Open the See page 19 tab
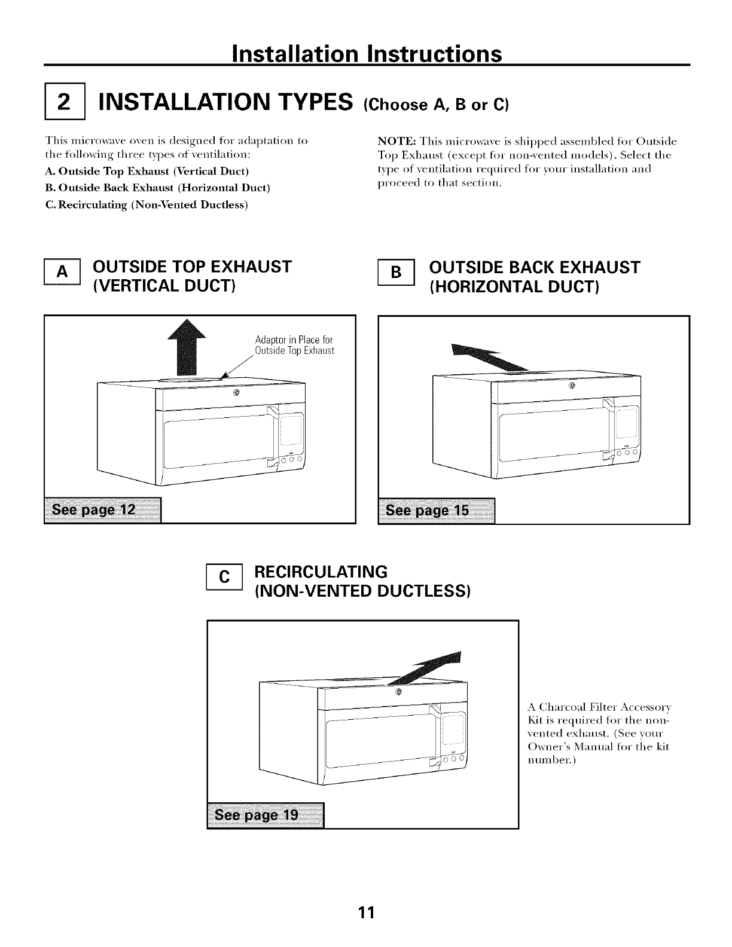pyautogui.click(x=264, y=814)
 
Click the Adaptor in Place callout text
pyautogui.click(x=294, y=346)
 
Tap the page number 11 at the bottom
pyautogui.click(x=366, y=912)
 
